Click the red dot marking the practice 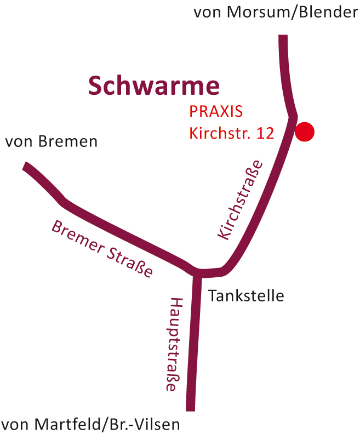[305, 132]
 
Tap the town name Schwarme [154, 85]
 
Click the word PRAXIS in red [216, 111]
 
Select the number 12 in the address [265, 133]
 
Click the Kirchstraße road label [241, 201]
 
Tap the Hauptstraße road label [174, 344]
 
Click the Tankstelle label [246, 296]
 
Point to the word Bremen [68, 142]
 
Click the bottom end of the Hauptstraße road [190, 408]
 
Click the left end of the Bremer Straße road [26, 165]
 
